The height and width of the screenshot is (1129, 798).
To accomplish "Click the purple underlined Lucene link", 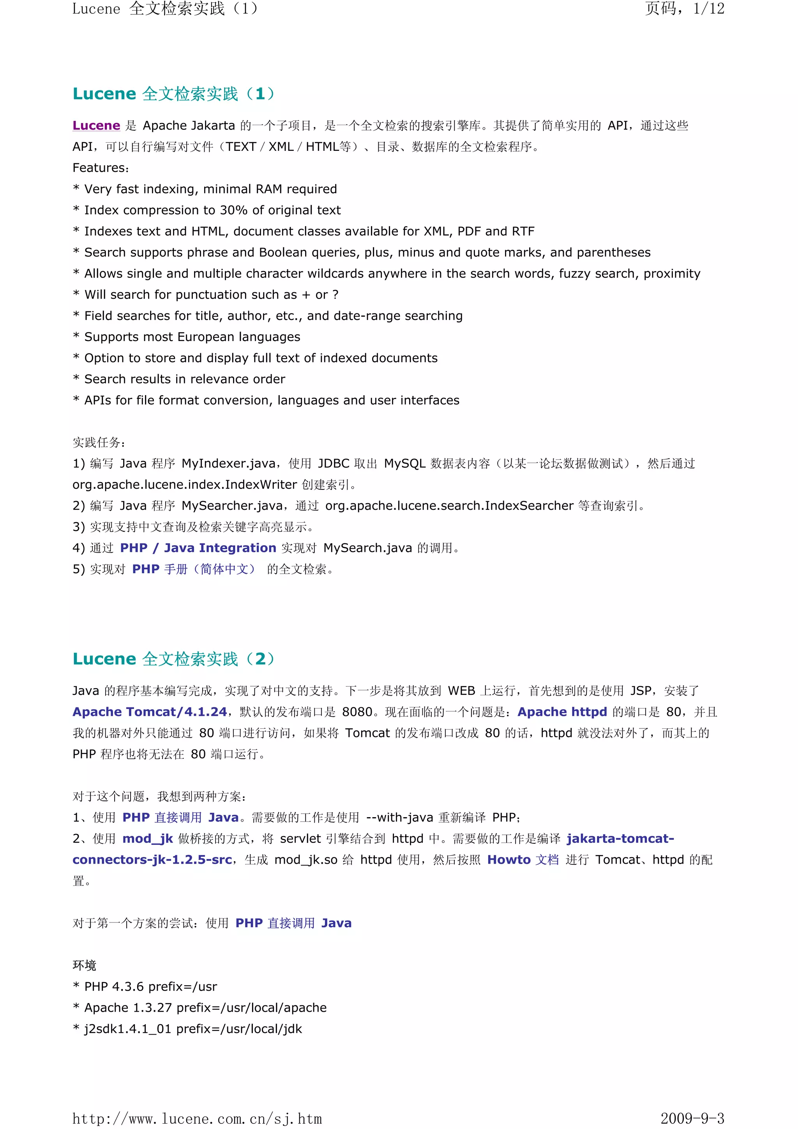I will click(x=96, y=125).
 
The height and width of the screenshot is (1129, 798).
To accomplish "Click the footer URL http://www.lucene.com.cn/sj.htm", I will click(x=197, y=1119).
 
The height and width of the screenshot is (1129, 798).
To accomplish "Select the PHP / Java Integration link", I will click(x=198, y=548).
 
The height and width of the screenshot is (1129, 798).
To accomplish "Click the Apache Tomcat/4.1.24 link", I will click(x=150, y=712).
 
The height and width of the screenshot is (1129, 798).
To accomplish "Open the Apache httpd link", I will click(x=562, y=712).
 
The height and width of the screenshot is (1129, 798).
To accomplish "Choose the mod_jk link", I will click(x=148, y=838).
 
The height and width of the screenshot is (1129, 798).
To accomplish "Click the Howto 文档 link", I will click(x=523, y=860).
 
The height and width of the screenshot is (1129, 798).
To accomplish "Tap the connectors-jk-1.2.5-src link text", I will click(x=152, y=860).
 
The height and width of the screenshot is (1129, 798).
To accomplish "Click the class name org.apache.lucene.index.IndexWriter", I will click(x=184, y=484).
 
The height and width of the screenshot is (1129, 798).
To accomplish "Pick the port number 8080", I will click(x=357, y=712).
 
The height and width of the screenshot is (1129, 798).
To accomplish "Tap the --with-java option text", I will click(x=400, y=817).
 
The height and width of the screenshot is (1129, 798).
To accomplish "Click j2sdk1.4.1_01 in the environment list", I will click(x=127, y=1029).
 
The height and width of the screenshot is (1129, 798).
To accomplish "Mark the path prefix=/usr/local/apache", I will click(x=251, y=1007).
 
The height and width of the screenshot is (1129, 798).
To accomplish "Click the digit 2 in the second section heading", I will click(x=260, y=658).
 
